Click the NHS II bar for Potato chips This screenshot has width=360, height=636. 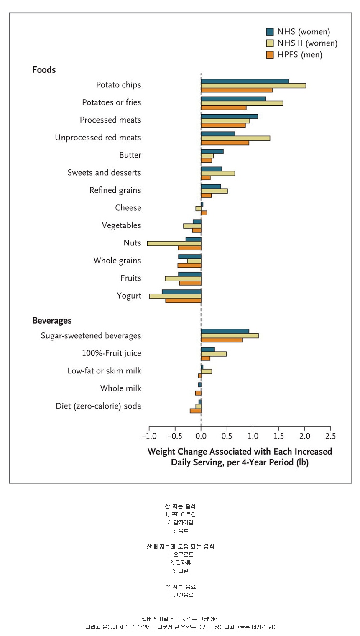tap(253, 86)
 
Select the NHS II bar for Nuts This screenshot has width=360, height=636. tap(174, 243)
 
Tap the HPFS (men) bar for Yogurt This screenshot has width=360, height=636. tap(183, 301)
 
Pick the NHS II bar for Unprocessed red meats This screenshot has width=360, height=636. tap(235, 138)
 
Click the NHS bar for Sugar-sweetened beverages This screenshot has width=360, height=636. tap(225, 331)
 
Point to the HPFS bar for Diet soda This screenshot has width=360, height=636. tap(195, 411)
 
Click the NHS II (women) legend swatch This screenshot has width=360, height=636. tap(270, 43)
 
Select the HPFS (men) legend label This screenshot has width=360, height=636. tap(300, 55)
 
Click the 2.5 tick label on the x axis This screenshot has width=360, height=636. tap(330, 436)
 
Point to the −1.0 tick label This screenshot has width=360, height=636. tap(149, 436)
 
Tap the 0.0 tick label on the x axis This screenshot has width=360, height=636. tap(201, 436)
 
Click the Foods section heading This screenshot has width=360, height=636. tap(44, 70)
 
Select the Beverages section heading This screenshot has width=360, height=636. tap(52, 321)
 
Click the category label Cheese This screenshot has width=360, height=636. tap(128, 208)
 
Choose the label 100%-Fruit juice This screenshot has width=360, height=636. tap(112, 353)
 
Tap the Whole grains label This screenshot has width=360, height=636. tap(117, 261)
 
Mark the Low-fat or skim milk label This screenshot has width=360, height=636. tap(105, 371)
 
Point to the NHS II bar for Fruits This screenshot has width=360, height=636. tap(183, 278)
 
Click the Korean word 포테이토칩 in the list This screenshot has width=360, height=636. tap(183, 514)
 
